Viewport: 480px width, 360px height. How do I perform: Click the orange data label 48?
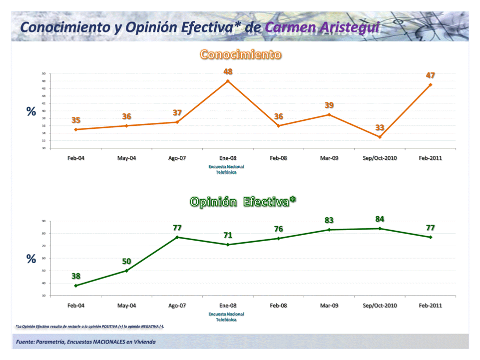228,72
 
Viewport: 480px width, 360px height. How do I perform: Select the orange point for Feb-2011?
430,85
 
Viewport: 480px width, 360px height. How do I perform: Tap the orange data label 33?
380,128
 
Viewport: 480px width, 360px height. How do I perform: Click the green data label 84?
380,219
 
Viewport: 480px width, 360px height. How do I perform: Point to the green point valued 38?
76,286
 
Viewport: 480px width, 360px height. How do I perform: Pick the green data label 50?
126,261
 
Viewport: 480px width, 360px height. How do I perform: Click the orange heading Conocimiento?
240,54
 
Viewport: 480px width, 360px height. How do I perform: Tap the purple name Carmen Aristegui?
322,27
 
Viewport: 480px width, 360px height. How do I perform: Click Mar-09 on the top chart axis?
329,158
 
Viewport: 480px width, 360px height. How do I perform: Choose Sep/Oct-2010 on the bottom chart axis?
380,305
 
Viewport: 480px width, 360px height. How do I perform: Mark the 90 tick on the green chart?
43,221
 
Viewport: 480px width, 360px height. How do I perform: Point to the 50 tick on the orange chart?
43,74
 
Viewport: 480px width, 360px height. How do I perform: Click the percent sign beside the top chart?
31,112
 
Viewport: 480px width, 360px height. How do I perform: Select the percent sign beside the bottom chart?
31,259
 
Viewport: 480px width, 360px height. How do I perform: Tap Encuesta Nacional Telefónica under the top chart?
226,169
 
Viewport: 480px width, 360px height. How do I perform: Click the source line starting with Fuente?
85,342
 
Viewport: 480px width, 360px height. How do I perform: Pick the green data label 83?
329,220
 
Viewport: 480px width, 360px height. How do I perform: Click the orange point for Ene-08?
228,81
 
